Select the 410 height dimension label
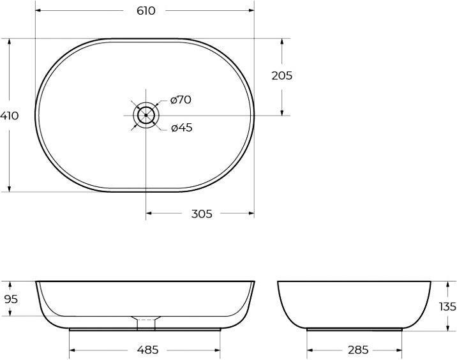[10, 116]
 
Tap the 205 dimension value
[281, 75]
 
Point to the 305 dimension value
[202, 214]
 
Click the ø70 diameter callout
[181, 100]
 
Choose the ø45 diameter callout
[181, 128]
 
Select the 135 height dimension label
[447, 306]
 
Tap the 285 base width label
[357, 350]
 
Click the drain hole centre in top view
[146, 116]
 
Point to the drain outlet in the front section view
[146, 322]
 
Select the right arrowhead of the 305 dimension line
[251, 214]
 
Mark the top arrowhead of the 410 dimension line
[10, 41]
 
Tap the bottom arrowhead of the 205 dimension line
[281, 113]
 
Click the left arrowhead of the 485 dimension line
[71, 350]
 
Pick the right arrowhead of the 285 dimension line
[400, 350]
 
